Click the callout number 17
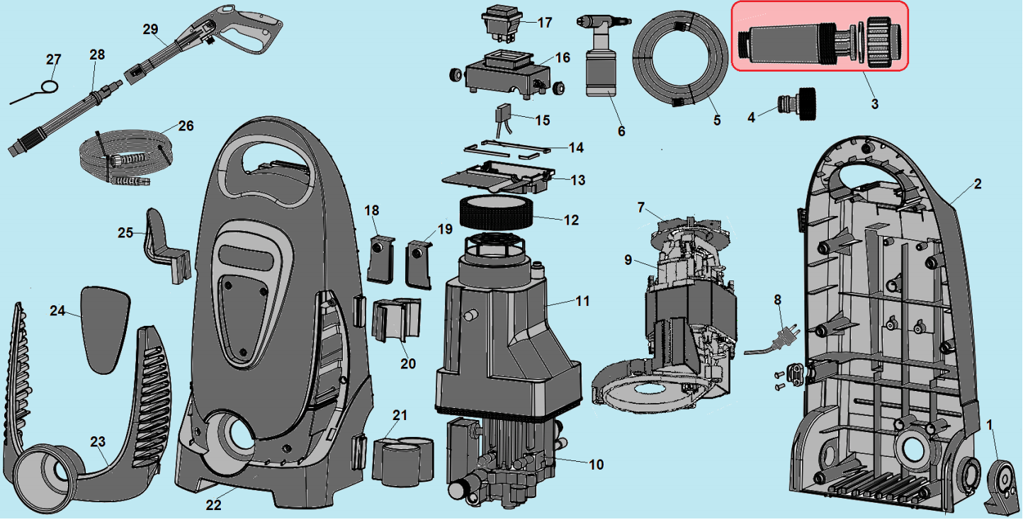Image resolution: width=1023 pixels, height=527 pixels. pos(544,23)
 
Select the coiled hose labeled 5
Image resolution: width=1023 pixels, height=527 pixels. pos(680,60)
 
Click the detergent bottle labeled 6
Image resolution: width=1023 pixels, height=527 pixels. pos(599,71)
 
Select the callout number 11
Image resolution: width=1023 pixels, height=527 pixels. pos(582,301)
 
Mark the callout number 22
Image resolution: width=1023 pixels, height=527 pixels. pos(213,505)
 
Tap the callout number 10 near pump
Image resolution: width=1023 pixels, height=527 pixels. pos(596,465)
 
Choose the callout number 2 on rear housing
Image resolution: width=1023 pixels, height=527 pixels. pos(977,184)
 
